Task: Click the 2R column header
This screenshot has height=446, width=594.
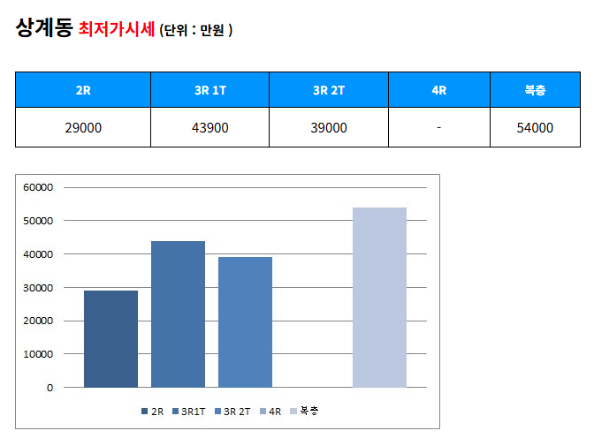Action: pyautogui.click(x=83, y=90)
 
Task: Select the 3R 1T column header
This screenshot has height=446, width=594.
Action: pyautogui.click(x=209, y=90)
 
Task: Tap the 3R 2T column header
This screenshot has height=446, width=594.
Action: pyautogui.click(x=329, y=90)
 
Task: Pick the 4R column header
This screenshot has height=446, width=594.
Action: pyautogui.click(x=438, y=90)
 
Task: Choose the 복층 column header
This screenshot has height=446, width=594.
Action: pyautogui.click(x=535, y=90)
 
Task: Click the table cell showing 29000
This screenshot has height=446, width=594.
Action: pyautogui.click(x=83, y=128)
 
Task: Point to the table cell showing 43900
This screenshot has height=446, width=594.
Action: pyautogui.click(x=209, y=128)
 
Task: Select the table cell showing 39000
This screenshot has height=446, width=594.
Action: pyautogui.click(x=329, y=128)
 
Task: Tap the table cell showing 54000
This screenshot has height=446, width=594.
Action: pyautogui.click(x=535, y=128)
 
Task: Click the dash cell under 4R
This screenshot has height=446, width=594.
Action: pyautogui.click(x=438, y=128)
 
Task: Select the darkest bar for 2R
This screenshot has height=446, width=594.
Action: pyautogui.click(x=110, y=339)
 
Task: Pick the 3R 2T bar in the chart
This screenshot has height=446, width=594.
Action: pyautogui.click(x=245, y=322)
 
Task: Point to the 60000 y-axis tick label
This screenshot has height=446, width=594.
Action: pyautogui.click(x=39, y=187)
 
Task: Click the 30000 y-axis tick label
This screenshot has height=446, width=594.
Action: pyautogui.click(x=39, y=288)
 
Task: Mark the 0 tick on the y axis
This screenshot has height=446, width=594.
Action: pyautogui.click(x=49, y=388)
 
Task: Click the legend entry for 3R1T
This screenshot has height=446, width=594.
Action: pyautogui.click(x=193, y=411)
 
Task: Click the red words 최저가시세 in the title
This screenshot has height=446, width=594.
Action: pyautogui.click(x=116, y=29)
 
